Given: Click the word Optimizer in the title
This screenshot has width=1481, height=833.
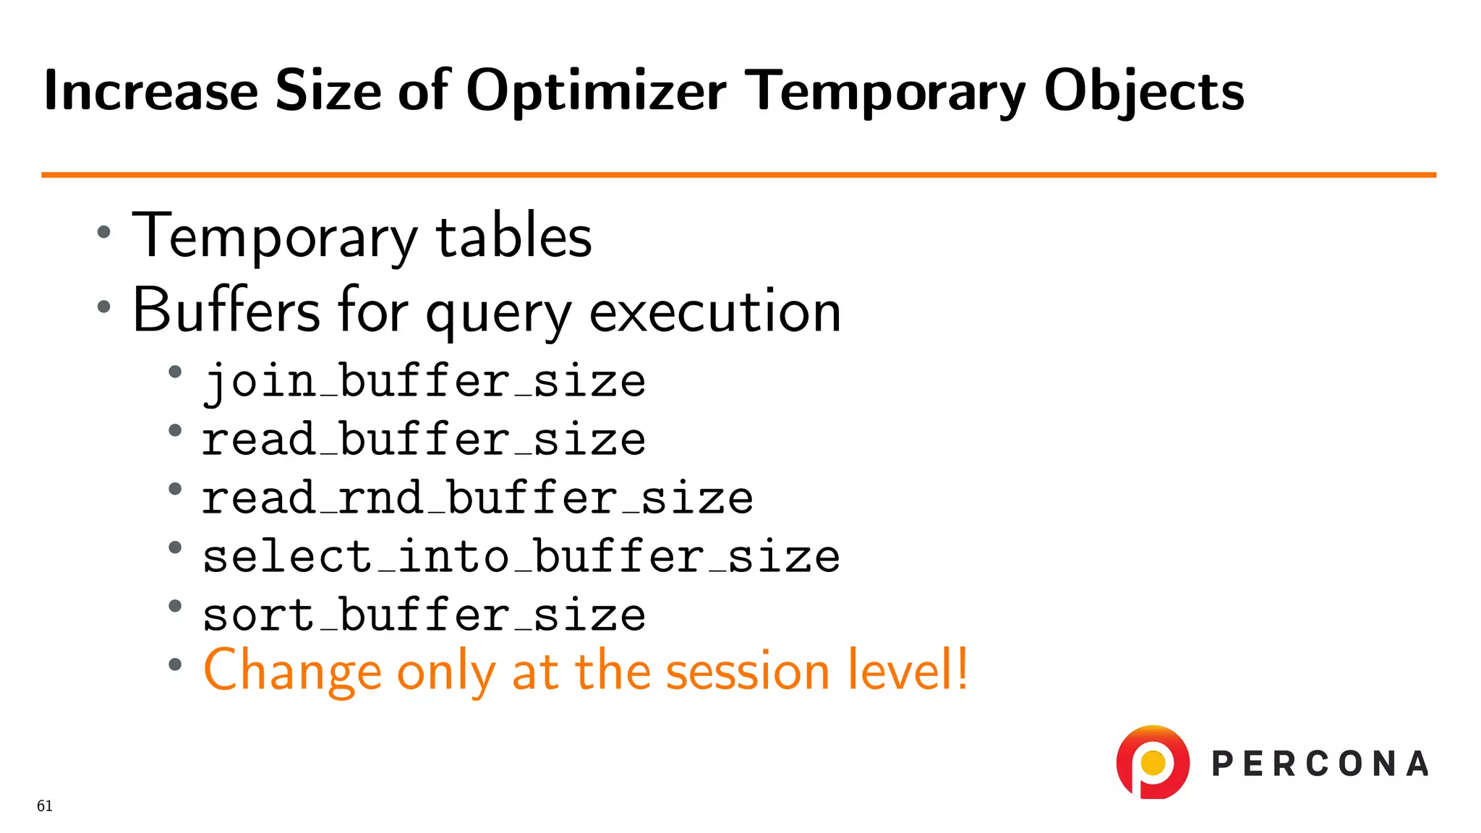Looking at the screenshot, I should pyautogui.click(x=596, y=93).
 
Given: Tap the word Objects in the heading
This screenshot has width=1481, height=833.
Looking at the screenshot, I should pyautogui.click(x=1143, y=93).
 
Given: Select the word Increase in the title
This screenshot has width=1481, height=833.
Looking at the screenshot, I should pyautogui.click(x=150, y=91).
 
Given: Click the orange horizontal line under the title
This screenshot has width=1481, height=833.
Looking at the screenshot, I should pyautogui.click(x=738, y=174).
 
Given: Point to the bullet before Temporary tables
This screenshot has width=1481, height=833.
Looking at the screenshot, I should pyautogui.click(x=104, y=232).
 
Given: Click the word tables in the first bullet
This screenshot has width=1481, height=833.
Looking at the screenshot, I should pyautogui.click(x=513, y=237).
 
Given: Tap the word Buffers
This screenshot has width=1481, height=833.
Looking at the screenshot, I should pyautogui.click(x=226, y=310).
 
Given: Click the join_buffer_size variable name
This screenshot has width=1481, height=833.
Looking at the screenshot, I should pyautogui.click(x=424, y=381).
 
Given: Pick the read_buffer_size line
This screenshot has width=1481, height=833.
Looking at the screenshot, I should pyautogui.click(x=424, y=440).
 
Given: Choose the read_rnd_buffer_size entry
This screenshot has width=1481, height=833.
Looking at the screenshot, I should pyautogui.click(x=477, y=498).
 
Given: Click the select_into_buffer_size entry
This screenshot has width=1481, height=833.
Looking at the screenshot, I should pyautogui.click(x=521, y=557).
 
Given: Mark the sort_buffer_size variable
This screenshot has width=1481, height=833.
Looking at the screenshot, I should pyautogui.click(x=424, y=615).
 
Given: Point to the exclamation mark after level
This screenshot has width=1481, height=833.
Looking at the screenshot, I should pyautogui.click(x=962, y=668).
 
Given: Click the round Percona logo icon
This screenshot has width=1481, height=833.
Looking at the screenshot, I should pyautogui.click(x=1153, y=762).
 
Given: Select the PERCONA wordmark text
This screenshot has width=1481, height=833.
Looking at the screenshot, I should pyautogui.click(x=1320, y=764).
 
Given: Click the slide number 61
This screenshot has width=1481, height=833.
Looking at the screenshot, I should pyautogui.click(x=45, y=806).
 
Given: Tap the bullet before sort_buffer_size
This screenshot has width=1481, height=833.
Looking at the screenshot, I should pyautogui.click(x=175, y=606).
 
